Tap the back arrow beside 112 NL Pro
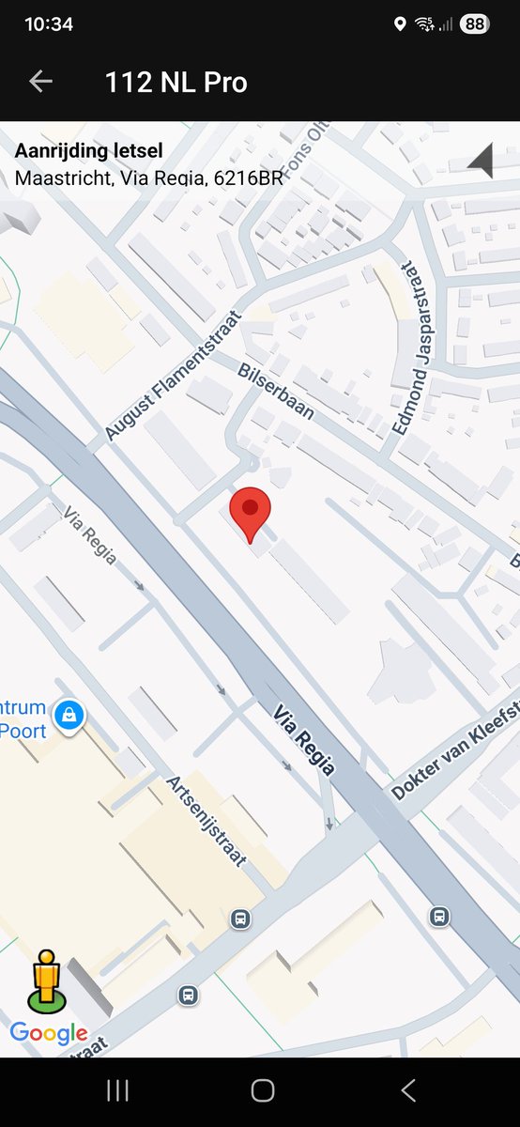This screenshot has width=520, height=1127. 40,82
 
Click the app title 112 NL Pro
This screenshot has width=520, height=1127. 176,83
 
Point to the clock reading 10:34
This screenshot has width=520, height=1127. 49,24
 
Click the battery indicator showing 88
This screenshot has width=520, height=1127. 474,24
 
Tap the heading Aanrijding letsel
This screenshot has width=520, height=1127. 89,151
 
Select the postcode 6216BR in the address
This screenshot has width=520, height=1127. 249,177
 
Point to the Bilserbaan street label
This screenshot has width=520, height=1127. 275,390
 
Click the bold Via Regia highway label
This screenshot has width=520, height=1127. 304,741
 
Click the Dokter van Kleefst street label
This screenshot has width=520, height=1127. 454,751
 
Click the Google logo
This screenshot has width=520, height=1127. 49,1034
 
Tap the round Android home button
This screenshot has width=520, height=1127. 263,1089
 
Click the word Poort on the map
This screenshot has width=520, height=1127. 23,732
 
